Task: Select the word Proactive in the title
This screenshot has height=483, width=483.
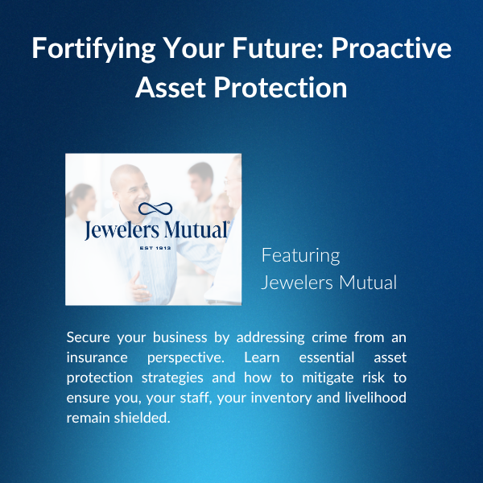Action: pyautogui.click(x=391, y=47)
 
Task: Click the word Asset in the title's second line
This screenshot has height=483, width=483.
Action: pyautogui.click(x=171, y=88)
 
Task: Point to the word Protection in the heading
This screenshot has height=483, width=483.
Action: pyautogui.click(x=280, y=88)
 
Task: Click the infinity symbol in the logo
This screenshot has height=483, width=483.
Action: pyautogui.click(x=155, y=208)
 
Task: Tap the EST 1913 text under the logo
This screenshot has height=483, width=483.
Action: pyautogui.click(x=155, y=248)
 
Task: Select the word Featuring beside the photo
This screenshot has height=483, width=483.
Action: pyautogui.click(x=300, y=256)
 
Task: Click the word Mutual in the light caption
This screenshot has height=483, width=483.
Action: pyautogui.click(x=368, y=283)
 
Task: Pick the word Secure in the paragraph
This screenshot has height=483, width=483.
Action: pyautogui.click(x=88, y=337)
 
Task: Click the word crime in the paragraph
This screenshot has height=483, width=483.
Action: pyautogui.click(x=329, y=337)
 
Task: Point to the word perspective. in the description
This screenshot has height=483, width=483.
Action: pyautogui.click(x=186, y=358)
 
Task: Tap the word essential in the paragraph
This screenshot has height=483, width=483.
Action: pyautogui.click(x=327, y=357)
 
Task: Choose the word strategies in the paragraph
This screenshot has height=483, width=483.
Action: pyautogui.click(x=172, y=378)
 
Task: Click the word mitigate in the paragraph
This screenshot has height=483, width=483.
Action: pyautogui.click(x=328, y=378)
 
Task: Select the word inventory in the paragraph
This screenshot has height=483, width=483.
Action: pyautogui.click(x=281, y=398)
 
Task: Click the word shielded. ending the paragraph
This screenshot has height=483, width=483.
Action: pyautogui.click(x=142, y=418)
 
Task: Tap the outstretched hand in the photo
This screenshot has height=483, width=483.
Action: pyautogui.click(x=138, y=288)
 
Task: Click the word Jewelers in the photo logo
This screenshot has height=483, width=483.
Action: pyautogui.click(x=122, y=230)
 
